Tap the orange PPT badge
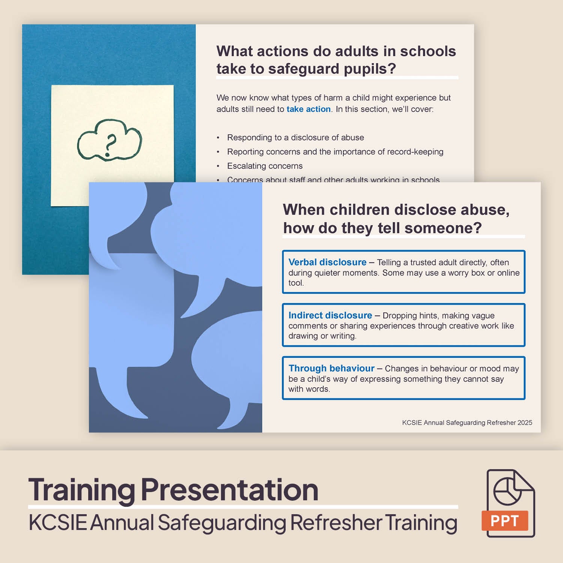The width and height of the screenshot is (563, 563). (x=504, y=521)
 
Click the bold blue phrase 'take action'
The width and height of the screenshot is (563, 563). (x=309, y=109)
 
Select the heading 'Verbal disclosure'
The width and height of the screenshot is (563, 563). (x=327, y=262)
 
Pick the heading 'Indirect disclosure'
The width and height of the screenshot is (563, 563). (x=330, y=315)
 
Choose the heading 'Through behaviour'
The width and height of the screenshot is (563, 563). (x=331, y=368)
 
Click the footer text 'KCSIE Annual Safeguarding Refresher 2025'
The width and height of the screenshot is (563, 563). (x=467, y=423)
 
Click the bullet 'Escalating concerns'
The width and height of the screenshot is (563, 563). (x=265, y=166)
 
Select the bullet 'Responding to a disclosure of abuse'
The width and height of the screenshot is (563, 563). (x=295, y=137)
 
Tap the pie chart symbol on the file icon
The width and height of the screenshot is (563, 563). (x=507, y=491)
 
